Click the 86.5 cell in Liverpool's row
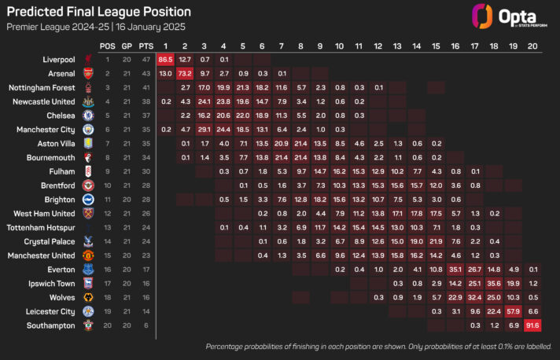point(165,59)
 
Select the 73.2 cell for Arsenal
point(185,73)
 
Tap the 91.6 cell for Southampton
point(533,325)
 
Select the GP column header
point(125,45)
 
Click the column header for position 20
point(533,45)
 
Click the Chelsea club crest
point(88,116)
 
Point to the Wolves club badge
point(88,298)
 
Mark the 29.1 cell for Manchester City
point(204,130)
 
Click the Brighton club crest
point(88,200)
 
